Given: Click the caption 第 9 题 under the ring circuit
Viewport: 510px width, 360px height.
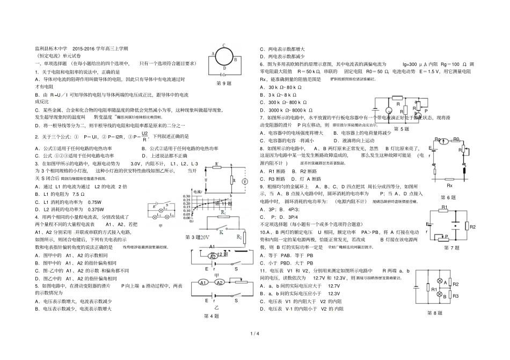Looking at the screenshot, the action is (x=223, y=84).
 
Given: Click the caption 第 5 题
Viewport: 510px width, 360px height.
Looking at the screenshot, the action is (x=402, y=129).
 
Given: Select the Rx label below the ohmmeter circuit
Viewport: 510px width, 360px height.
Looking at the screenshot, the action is (x=450, y=185).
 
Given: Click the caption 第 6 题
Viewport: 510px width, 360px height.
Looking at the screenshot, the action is (x=448, y=197).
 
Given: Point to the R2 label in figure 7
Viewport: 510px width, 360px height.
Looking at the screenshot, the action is (x=472, y=227).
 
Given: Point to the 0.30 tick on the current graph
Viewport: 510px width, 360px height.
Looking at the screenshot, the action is (x=187, y=196).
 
